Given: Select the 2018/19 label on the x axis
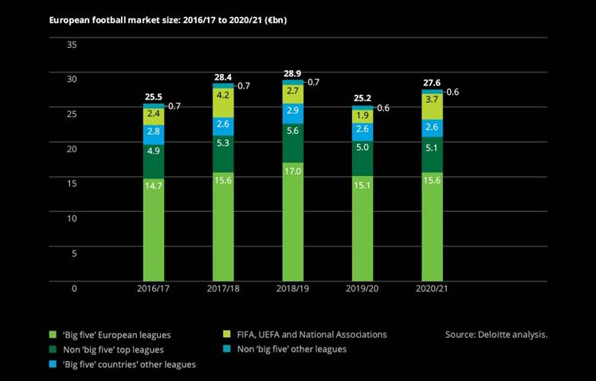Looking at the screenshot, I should (x=293, y=288).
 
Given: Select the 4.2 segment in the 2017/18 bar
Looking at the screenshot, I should (x=223, y=95).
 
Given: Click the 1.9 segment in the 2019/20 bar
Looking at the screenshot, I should (x=363, y=115).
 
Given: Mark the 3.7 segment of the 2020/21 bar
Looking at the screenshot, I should (x=433, y=100).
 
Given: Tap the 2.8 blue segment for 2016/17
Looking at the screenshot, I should (x=153, y=131).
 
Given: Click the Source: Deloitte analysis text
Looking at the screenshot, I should (x=496, y=334).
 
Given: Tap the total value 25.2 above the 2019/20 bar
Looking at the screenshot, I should (x=363, y=99).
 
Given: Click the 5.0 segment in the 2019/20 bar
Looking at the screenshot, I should (x=363, y=147).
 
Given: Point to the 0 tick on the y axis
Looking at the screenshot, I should (x=73, y=288).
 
